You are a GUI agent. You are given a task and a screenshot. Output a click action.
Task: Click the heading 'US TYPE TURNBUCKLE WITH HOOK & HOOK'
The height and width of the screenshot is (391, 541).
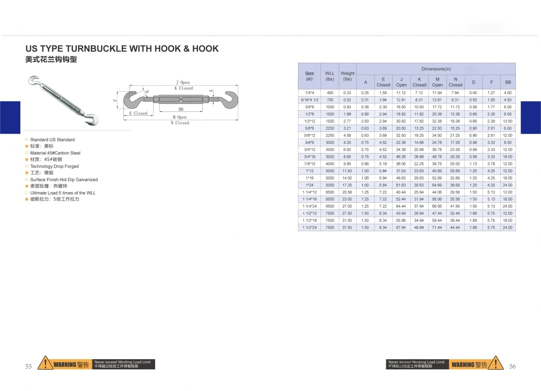point(122,49)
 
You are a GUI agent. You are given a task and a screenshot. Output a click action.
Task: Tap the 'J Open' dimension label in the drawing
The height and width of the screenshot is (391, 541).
point(183,82)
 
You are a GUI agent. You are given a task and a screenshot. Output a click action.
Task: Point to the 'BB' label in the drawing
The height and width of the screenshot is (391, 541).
point(181,109)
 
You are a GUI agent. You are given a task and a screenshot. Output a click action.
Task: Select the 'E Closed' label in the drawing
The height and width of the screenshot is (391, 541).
point(138,113)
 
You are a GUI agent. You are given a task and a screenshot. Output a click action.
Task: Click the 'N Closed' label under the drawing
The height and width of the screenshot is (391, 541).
point(180,123)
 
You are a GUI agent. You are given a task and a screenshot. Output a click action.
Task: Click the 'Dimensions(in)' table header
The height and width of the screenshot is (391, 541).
point(436,69)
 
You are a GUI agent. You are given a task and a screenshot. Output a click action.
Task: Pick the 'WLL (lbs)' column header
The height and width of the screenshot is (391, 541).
point(330,76)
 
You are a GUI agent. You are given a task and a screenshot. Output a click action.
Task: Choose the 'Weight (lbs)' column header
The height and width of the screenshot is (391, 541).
point(348,76)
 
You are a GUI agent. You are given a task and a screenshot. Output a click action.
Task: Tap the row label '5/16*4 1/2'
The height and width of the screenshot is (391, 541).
point(310,100)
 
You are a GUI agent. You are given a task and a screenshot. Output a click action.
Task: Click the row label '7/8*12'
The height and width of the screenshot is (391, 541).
point(310,164)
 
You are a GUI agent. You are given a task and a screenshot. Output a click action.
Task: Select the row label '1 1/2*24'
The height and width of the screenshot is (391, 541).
point(310,228)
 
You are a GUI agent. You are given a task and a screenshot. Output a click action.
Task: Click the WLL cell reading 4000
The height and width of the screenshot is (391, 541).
point(330,164)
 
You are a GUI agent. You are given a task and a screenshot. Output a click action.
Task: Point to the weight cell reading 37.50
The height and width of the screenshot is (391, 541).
point(347,228)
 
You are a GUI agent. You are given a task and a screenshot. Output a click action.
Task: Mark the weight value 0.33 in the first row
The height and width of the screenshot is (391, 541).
point(347,93)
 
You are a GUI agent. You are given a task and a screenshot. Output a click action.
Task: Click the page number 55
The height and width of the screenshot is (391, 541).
point(28,366)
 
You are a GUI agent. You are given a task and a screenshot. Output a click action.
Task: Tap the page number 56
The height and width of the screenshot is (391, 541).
point(512,366)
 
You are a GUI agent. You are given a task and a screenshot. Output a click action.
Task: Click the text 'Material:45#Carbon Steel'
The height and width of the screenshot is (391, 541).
point(55,153)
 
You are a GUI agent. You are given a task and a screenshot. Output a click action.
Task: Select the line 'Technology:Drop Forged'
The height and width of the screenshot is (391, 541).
point(54,167)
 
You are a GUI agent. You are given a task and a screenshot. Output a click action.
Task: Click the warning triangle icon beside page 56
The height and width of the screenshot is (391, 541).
point(496,364)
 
